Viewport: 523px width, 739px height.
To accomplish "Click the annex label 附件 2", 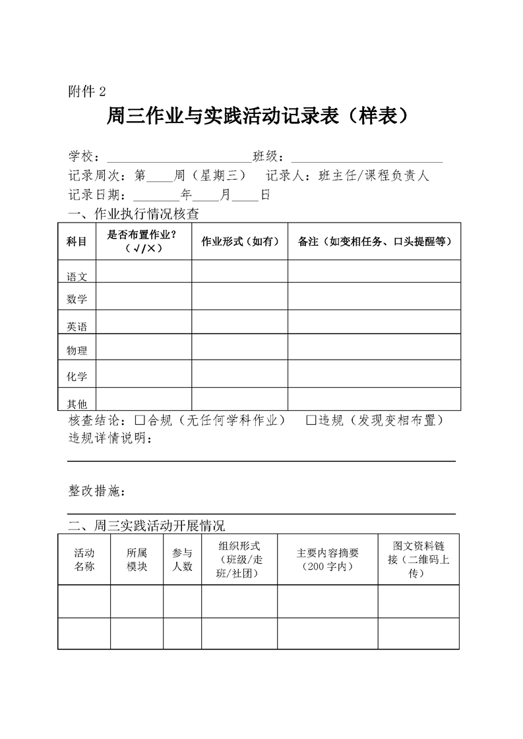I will (86, 91).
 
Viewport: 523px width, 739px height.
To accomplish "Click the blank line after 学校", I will (177, 158).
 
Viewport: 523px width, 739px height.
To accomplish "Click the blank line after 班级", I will (366, 158).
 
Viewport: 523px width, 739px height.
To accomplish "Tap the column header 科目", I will (77, 242).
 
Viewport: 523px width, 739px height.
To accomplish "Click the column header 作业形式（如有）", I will (239, 242).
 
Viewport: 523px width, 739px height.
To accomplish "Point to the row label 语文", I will (77, 277).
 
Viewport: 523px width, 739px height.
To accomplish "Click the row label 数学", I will (77, 300).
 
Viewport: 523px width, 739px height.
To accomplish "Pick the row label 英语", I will (77, 327).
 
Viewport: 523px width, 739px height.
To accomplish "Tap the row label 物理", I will (77, 351).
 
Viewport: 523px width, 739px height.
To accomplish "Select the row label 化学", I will (77, 377).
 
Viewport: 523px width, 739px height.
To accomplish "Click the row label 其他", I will (77, 404).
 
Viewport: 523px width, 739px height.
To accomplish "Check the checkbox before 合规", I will (139, 420).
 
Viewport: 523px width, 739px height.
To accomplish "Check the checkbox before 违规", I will (311, 420).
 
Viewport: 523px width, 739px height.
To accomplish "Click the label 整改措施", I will (96, 491).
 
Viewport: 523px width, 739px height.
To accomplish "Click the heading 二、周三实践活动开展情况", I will (146, 526).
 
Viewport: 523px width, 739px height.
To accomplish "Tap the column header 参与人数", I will (182, 560).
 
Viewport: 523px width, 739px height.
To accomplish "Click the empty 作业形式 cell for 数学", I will (239, 296).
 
